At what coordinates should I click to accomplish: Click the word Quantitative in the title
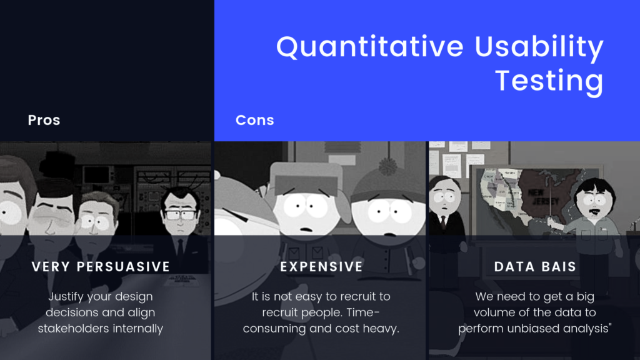pos(370,46)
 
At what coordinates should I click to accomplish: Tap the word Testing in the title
pos(549,81)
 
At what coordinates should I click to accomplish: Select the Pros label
pos(44,120)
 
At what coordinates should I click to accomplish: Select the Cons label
pos(255,120)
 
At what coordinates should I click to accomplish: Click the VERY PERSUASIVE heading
pos(101,266)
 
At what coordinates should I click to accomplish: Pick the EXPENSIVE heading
pos(321,266)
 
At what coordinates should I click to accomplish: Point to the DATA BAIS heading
pos(535,266)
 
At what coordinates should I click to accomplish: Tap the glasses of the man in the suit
pos(179,214)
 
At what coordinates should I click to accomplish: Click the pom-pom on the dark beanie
pos(388,166)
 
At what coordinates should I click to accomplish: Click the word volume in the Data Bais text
pos(494,312)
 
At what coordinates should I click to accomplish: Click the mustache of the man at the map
pos(595,211)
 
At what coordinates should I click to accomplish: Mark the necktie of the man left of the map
pos(443,222)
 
